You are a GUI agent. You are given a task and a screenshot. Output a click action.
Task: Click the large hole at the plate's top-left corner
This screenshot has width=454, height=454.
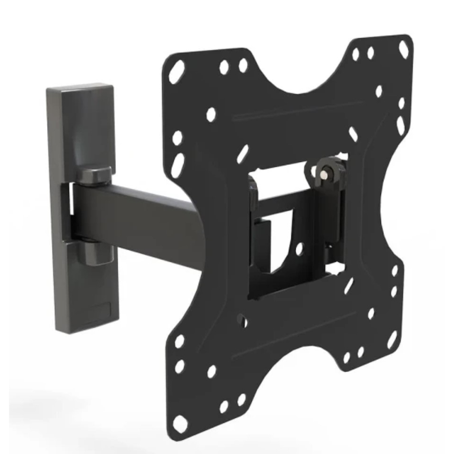(x=177, y=71)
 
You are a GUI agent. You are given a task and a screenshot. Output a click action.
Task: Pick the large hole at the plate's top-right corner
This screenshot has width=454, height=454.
(x=404, y=49)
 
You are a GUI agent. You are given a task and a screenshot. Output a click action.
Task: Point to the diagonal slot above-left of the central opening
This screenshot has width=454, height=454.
(x=243, y=154)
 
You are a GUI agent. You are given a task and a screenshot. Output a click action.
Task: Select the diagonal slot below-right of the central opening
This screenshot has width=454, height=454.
(x=349, y=285)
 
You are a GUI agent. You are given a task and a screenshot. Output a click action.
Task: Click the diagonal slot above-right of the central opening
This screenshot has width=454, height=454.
(x=353, y=134)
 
